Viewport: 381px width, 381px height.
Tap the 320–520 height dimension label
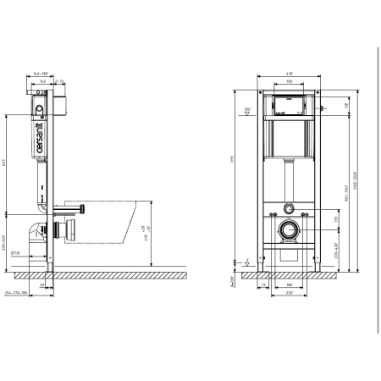pyautogui.click(x=7, y=240)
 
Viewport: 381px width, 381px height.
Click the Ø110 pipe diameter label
pyautogui.click(x=14, y=251)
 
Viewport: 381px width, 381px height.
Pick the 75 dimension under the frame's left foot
pyautogui.click(x=264, y=285)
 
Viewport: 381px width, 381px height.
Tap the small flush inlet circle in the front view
pyautogui.click(x=290, y=207)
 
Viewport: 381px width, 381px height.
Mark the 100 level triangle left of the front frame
pyautogui.click(x=246, y=110)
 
